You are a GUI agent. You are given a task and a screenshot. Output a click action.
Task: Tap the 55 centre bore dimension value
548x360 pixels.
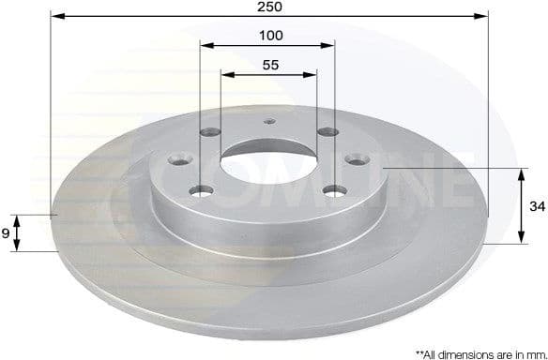(x=269, y=65)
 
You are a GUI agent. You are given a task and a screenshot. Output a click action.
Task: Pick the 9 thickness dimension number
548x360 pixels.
(x=7, y=233)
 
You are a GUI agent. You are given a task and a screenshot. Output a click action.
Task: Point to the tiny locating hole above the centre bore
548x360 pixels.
(x=268, y=119)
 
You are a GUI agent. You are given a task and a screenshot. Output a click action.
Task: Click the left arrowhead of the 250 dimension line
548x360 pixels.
(x=55, y=16)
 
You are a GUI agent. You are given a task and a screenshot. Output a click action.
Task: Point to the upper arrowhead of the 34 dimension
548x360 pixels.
(x=522, y=173)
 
